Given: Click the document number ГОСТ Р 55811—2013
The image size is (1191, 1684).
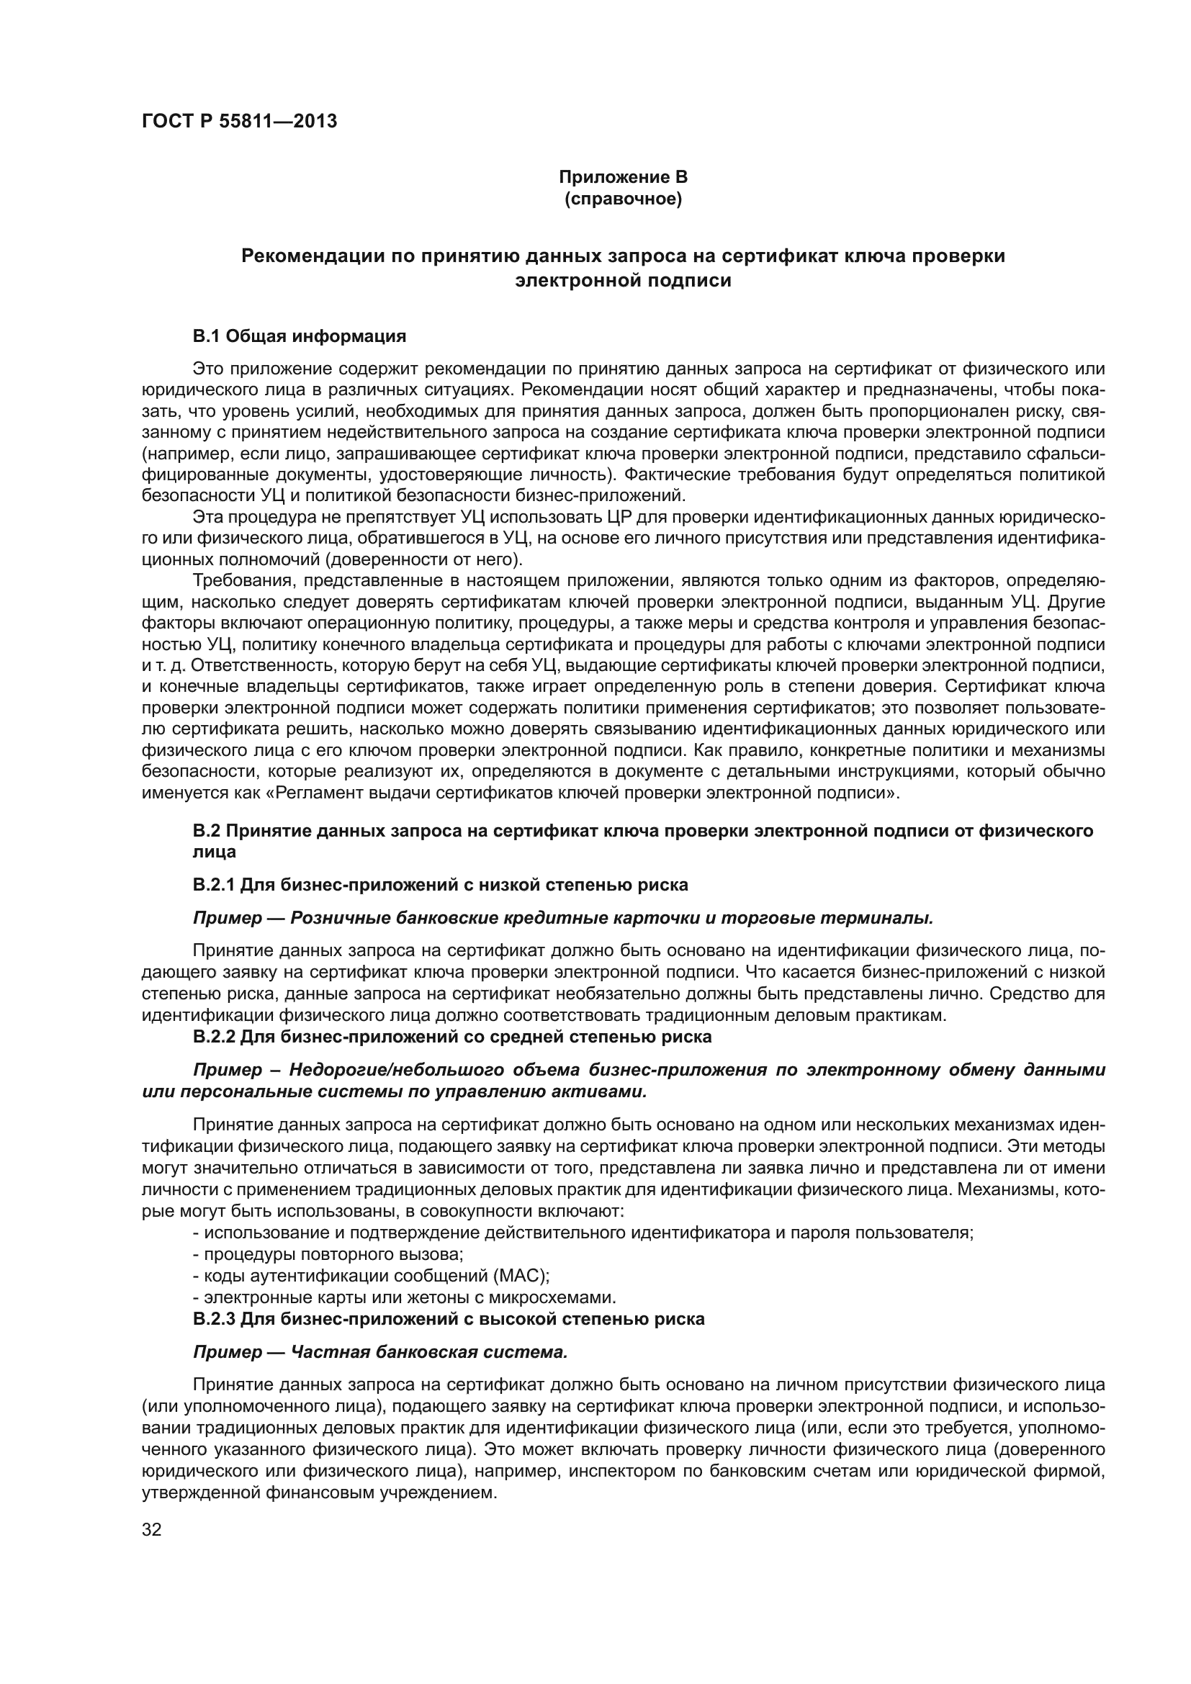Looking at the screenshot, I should (239, 121).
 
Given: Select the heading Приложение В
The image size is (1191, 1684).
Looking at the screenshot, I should (623, 177).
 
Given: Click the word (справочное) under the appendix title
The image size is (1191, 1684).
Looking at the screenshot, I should (623, 199).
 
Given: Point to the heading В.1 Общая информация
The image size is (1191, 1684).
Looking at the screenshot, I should (300, 337).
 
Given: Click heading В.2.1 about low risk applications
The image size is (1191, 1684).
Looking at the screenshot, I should (440, 885).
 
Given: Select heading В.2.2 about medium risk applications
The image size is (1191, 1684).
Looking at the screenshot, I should (451, 1036).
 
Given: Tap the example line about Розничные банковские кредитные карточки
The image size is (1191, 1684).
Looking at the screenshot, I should (562, 917).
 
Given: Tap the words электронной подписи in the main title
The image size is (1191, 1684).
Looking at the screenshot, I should (623, 280).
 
